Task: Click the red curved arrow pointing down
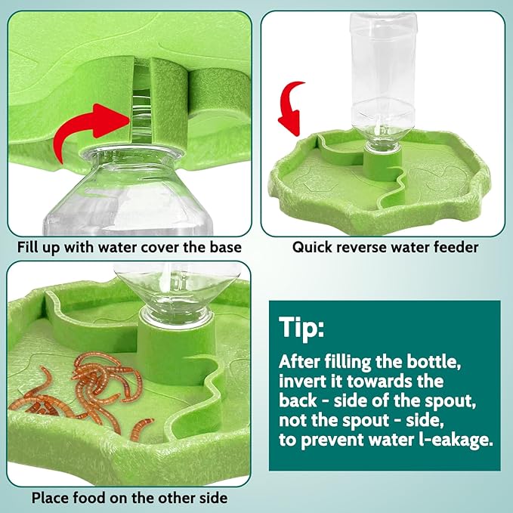[x=289, y=103]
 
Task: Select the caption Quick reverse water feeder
[x=385, y=247]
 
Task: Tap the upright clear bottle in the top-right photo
[x=382, y=68]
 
